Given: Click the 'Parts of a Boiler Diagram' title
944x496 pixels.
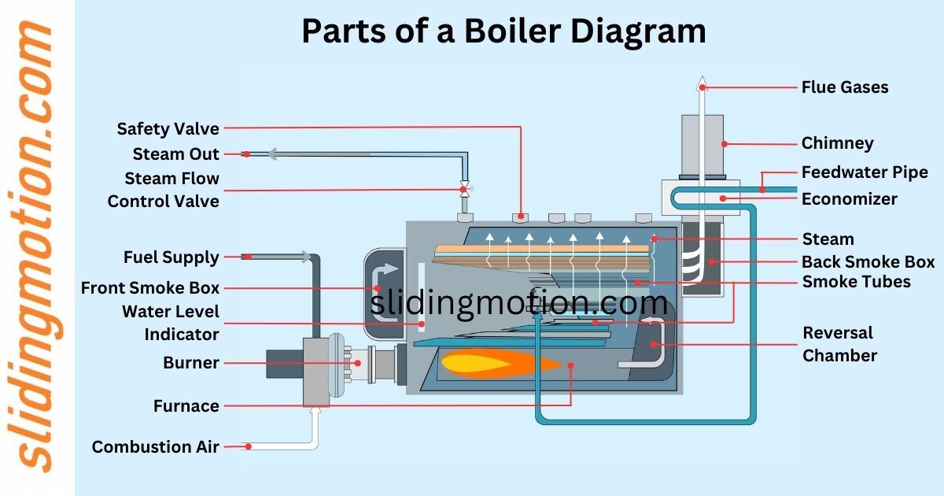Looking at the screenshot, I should tap(503, 31).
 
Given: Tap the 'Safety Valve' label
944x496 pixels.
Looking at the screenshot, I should tap(168, 128).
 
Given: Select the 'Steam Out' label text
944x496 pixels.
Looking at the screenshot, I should tap(175, 154).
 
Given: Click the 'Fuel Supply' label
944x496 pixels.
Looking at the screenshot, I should tap(171, 257).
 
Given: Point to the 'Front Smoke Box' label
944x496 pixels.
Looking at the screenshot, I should tap(149, 288).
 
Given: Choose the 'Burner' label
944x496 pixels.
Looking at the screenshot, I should tap(190, 363).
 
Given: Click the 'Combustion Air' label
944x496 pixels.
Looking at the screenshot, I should tap(155, 446).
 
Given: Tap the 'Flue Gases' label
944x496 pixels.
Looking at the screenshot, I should tap(844, 87).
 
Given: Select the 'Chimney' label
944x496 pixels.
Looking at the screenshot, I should tap(837, 143).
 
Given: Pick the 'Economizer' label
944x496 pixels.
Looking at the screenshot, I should tap(849, 198).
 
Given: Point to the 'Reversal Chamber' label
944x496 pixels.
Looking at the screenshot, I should tap(839, 344).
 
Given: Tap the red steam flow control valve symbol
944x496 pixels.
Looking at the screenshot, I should tap(464, 190).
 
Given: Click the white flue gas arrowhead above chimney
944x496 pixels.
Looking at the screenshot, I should tap(702, 83).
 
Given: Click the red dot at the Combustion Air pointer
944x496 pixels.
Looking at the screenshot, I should tap(248, 446).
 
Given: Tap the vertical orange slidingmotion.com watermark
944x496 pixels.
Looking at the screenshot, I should tap(35, 248).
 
